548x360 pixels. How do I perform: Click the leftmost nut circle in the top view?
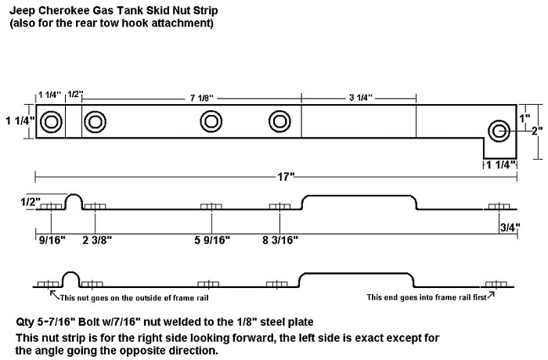(52, 122)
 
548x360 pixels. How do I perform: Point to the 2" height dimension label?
(536, 131)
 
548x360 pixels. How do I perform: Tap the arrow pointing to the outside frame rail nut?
(53, 294)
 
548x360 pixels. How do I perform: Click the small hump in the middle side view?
(73, 200)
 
